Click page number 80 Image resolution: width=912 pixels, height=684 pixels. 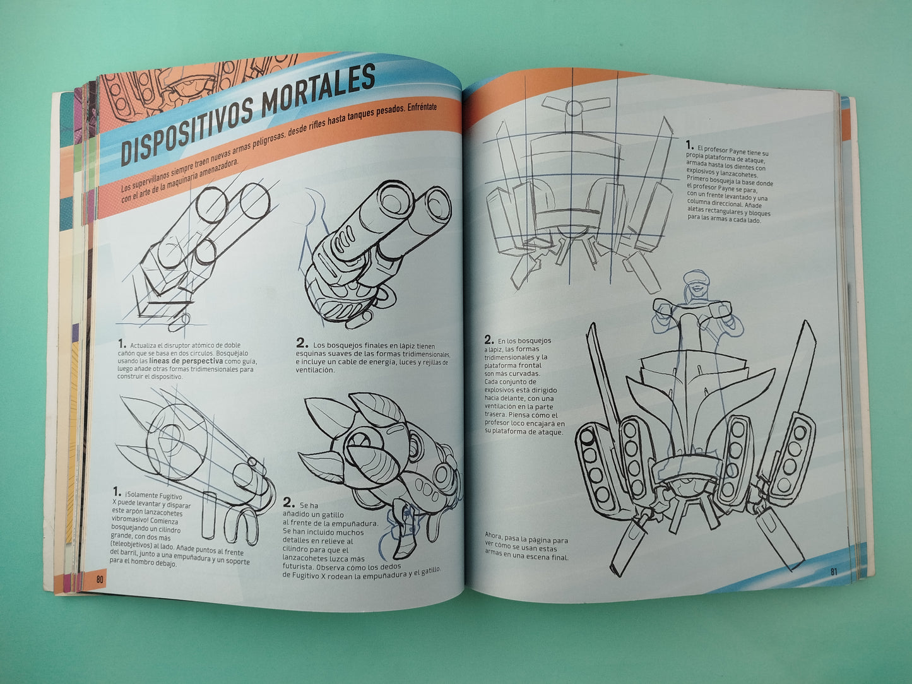99,580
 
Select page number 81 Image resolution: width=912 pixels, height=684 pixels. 833,571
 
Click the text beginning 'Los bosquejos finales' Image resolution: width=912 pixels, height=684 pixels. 372,357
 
